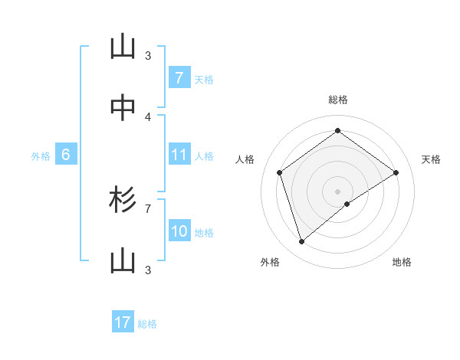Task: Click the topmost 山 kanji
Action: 123,47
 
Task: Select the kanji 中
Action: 123,109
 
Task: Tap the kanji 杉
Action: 123,201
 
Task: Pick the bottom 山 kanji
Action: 123,262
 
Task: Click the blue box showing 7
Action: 179,78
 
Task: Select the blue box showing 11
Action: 179,155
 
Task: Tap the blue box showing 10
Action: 179,231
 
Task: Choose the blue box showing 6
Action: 66,155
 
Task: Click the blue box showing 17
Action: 123,322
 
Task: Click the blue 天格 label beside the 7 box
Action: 204,80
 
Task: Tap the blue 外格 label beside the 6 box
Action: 41,156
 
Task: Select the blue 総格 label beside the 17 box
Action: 147,324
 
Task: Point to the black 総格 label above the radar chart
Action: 338,100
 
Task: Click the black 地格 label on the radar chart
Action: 402,263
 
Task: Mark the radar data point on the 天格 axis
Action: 396,172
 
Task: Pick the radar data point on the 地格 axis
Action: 347,204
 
